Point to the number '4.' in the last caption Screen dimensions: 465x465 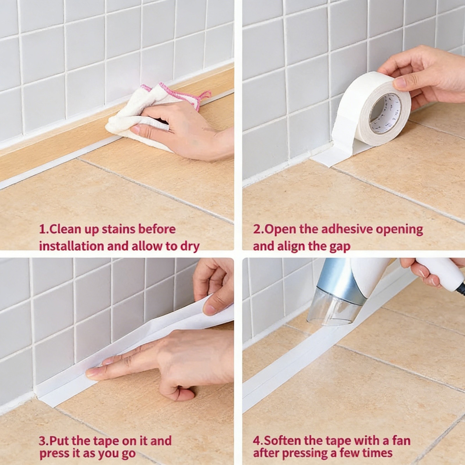pos(257,441)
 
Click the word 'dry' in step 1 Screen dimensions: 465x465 pos(190,246)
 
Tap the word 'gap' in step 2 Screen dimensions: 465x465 pos(340,246)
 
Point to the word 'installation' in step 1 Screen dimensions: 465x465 pos(71,246)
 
